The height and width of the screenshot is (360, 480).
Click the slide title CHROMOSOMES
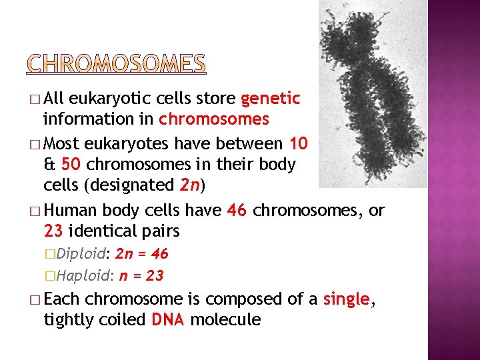point(116,63)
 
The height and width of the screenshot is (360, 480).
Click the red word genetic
point(270,99)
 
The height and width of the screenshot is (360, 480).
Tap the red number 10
point(299,143)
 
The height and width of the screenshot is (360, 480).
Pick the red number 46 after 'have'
point(237,211)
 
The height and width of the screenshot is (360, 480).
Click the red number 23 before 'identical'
point(53,231)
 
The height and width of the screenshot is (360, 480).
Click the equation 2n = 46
point(142,254)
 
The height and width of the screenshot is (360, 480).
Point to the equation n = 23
point(141,275)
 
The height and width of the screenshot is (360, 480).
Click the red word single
point(345,299)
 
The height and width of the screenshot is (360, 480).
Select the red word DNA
point(169,320)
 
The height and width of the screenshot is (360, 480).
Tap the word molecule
point(225,320)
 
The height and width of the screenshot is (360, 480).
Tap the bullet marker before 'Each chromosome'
point(35,299)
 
